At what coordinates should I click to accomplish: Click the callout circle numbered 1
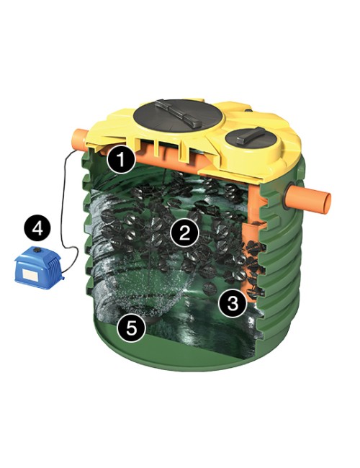(121, 159)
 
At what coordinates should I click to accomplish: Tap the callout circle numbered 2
(184, 232)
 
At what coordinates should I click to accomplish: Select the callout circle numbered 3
(233, 303)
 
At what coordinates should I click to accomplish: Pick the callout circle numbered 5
(131, 328)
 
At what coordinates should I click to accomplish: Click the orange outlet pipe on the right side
(310, 198)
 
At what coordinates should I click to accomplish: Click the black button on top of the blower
(37, 250)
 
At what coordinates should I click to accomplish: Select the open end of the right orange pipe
(328, 203)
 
